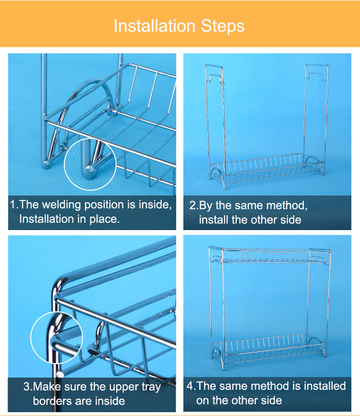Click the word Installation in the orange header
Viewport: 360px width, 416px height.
155,26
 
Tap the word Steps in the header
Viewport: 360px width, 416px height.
223,26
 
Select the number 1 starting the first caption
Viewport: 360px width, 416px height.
13,205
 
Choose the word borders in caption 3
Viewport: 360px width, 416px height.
50,401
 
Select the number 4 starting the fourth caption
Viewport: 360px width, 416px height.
190,386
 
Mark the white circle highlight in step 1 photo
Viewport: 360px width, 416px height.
90,138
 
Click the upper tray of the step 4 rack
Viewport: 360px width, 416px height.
270,256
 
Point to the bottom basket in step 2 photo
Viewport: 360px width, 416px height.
266,170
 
